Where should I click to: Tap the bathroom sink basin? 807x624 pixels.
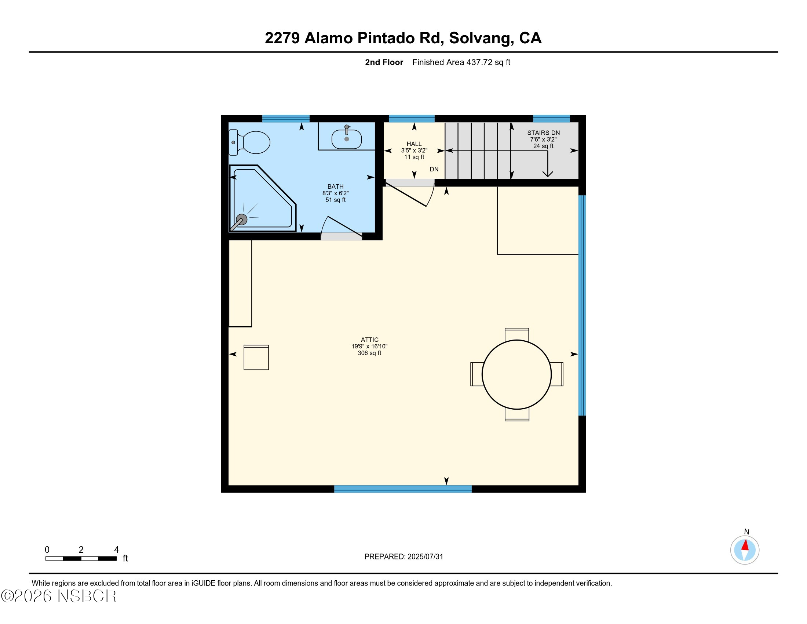[347, 139]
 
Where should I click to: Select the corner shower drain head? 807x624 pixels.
[241, 220]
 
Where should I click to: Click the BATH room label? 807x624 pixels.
[336, 187]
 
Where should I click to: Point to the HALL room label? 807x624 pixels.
[414, 144]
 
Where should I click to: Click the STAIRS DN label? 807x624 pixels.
[543, 133]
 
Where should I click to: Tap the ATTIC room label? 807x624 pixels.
[369, 340]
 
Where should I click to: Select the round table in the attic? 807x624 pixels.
[516, 374]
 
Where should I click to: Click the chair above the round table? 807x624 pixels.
[516, 334]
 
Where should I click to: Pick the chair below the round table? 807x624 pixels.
[517, 415]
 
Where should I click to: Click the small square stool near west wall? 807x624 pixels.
[256, 358]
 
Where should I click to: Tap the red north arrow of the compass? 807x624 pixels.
[745, 545]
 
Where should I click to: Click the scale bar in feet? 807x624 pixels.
[81, 558]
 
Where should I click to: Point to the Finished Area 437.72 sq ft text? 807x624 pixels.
[461, 62]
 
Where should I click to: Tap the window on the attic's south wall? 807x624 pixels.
[403, 489]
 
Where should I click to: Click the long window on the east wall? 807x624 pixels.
[582, 305]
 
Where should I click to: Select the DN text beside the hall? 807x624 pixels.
[434, 169]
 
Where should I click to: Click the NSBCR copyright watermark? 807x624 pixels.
[59, 596]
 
